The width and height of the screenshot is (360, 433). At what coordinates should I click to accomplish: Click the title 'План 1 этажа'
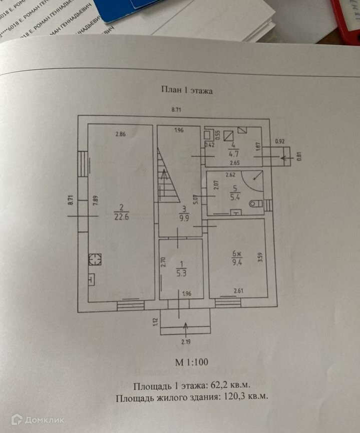187,90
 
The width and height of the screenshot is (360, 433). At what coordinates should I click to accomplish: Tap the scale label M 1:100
191,362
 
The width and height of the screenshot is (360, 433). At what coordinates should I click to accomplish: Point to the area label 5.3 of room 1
181,273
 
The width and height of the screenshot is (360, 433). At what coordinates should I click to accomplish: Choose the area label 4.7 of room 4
233,154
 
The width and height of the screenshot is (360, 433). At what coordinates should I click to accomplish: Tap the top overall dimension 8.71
177,109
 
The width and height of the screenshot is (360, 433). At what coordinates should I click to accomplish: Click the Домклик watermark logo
38,419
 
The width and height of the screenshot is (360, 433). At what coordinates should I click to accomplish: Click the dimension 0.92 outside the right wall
280,142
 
